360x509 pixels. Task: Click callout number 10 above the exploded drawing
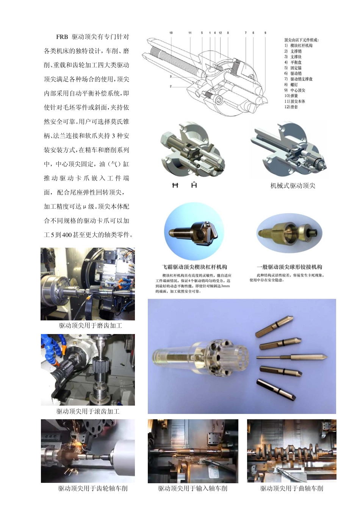[x=171, y=33]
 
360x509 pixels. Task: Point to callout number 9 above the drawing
[x=265, y=33]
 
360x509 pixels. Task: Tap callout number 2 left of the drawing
[x=171, y=86]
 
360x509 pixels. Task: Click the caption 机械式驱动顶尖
[x=293, y=186]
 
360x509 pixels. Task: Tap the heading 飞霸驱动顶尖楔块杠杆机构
[x=194, y=267]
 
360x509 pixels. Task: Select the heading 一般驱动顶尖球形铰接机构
[x=289, y=267]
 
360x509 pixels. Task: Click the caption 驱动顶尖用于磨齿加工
[x=90, y=326]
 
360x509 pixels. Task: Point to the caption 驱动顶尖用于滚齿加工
[x=88, y=411]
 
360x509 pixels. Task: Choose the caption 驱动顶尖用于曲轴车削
[x=291, y=489]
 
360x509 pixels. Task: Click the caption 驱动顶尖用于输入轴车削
[x=193, y=489]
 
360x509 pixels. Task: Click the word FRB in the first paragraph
[x=62, y=37]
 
